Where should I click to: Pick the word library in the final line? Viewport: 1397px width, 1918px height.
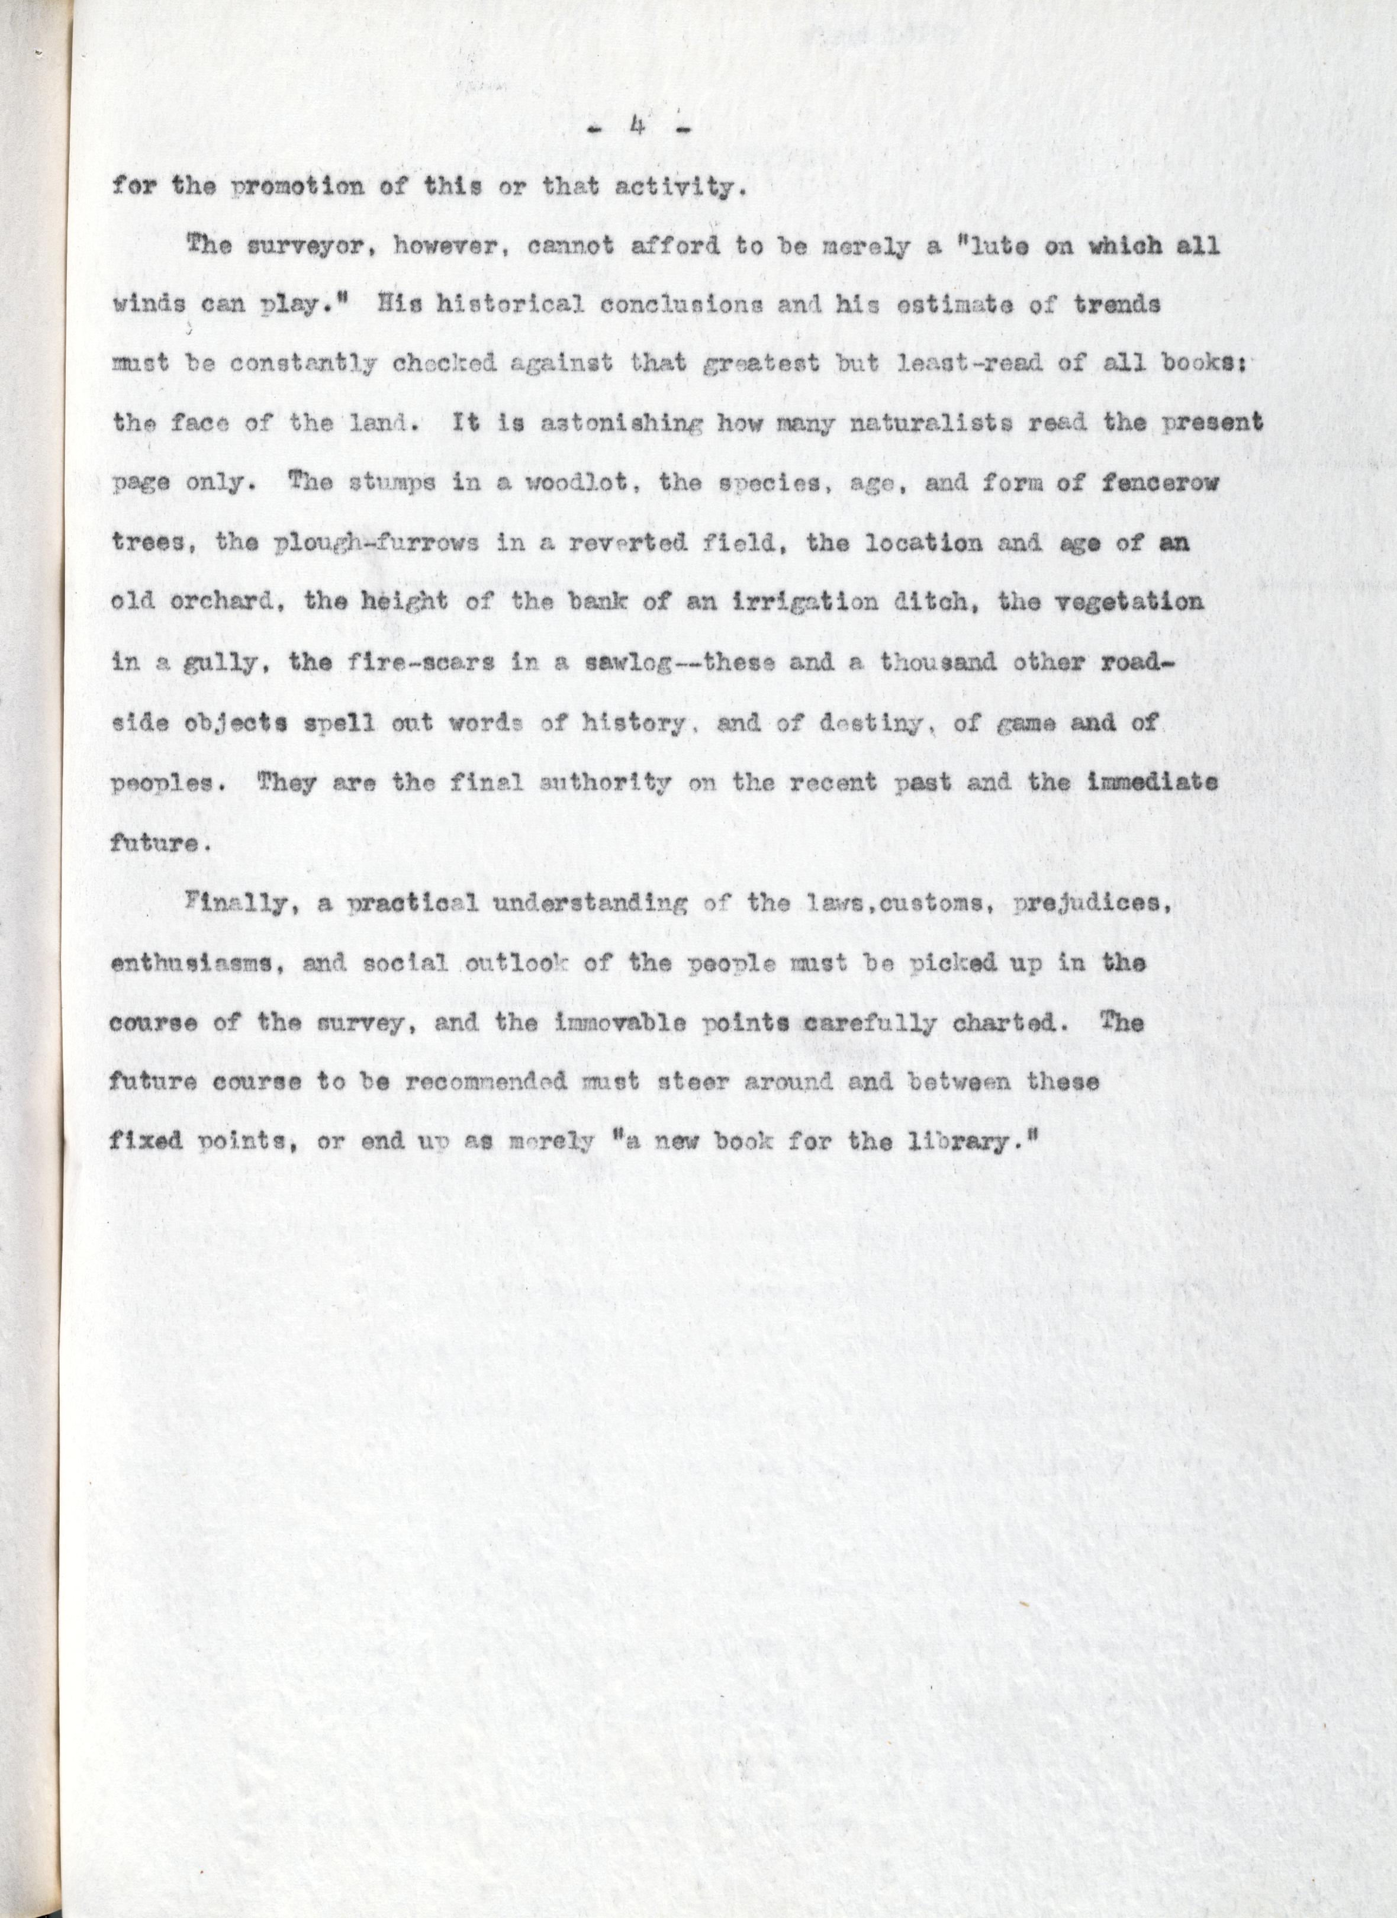click(x=965, y=1143)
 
